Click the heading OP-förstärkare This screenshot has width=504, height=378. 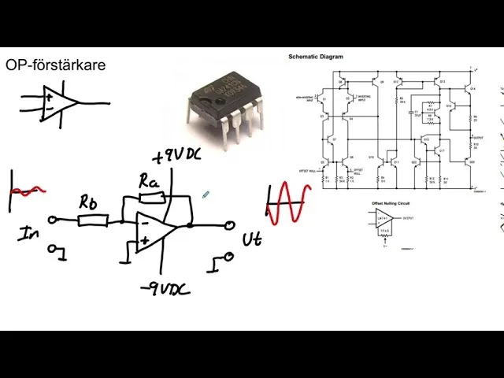point(55,65)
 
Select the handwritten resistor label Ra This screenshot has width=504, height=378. point(149,182)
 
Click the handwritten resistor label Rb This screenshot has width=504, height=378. point(89,202)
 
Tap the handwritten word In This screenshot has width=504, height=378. point(29,233)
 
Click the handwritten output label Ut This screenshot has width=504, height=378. point(252,239)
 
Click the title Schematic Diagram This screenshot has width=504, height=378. point(316,57)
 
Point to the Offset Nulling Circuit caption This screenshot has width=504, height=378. point(393,202)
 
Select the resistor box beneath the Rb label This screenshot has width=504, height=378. point(93,220)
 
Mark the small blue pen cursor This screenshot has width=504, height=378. point(206,195)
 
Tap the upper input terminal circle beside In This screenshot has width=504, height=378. point(53,220)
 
